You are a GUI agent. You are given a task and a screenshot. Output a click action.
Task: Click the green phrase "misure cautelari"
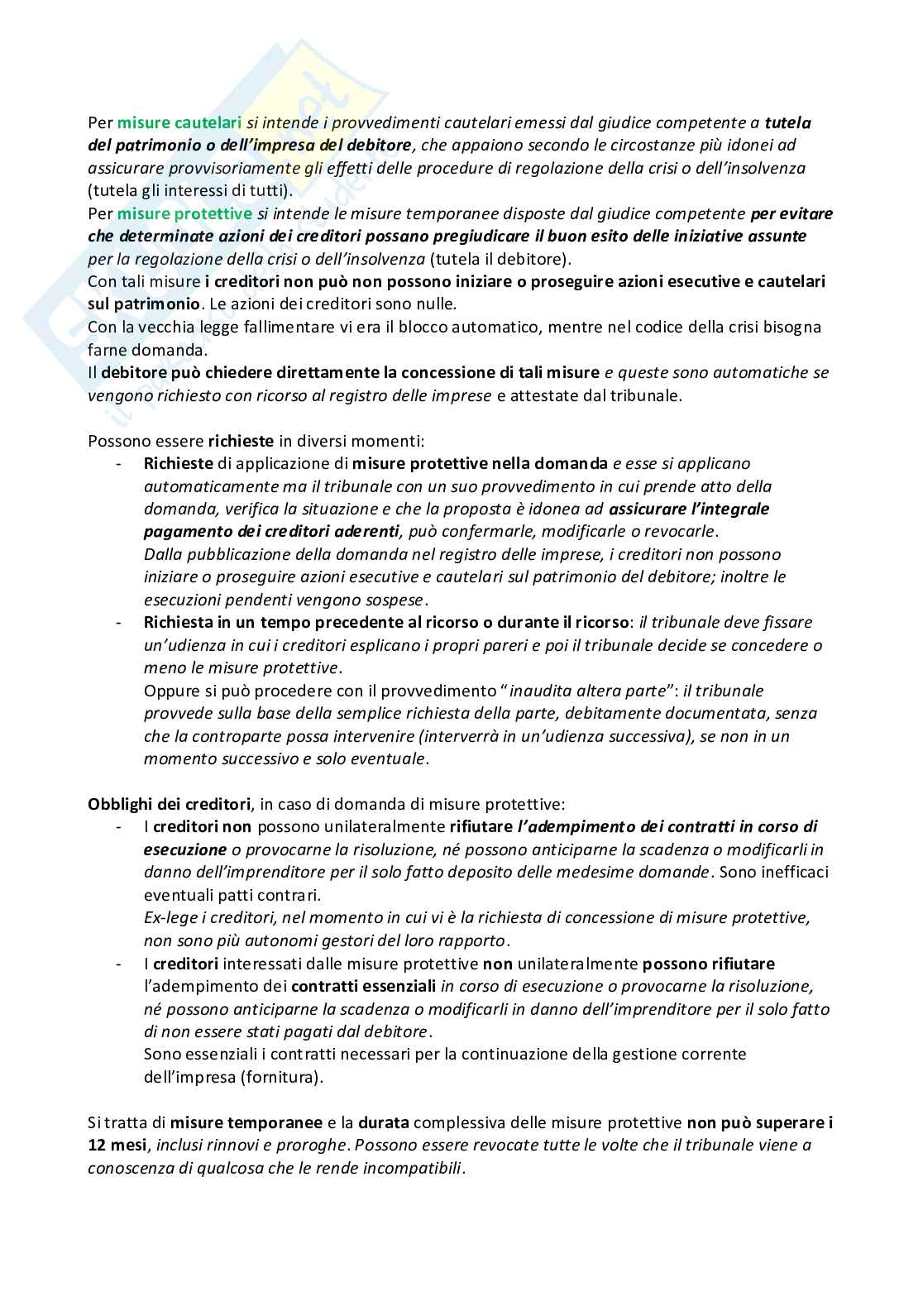click(179, 123)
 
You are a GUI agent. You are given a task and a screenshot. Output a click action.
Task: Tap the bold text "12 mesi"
click(117, 1146)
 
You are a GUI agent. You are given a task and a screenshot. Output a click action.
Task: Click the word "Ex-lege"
click(168, 917)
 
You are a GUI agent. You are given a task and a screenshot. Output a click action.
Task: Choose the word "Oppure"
click(170, 691)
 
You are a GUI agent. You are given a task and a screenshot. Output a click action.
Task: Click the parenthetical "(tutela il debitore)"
click(500, 259)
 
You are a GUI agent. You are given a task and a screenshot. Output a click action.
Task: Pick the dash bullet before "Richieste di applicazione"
click(121, 464)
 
